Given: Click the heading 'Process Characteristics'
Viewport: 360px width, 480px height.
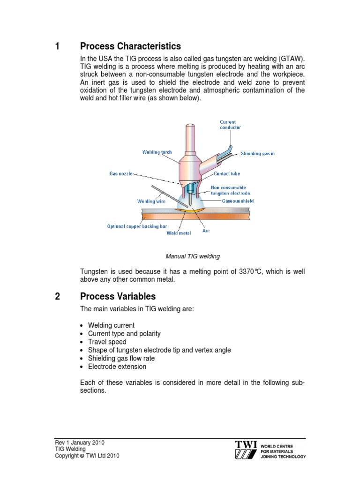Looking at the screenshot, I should click(130, 46).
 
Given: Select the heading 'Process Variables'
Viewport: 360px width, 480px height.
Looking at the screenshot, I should click(118, 297).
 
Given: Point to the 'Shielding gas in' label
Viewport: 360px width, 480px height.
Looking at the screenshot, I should click(257, 153).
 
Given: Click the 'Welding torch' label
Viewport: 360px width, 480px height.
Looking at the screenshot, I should click(157, 152).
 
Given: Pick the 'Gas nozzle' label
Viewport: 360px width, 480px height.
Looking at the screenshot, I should click(121, 173).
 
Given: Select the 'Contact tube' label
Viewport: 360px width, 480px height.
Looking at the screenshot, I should click(227, 173).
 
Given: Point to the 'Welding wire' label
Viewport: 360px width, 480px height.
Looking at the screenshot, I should click(151, 201).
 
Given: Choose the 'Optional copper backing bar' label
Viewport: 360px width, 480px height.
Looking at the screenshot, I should click(137, 226).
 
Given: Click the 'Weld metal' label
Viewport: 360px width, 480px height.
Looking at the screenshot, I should click(179, 233).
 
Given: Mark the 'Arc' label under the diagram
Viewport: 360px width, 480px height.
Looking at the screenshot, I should click(206, 231).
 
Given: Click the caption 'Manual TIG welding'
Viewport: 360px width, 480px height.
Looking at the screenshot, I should click(193, 256).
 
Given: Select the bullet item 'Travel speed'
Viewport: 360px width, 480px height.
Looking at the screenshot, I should click(107, 342).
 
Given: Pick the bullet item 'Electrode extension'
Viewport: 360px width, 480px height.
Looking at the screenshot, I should click(117, 367).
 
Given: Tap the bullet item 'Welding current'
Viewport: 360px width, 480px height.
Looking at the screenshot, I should click(111, 325).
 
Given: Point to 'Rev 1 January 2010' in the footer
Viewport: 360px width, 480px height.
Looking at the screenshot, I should click(80, 442).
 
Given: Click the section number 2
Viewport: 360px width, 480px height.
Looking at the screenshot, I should click(58, 297).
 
